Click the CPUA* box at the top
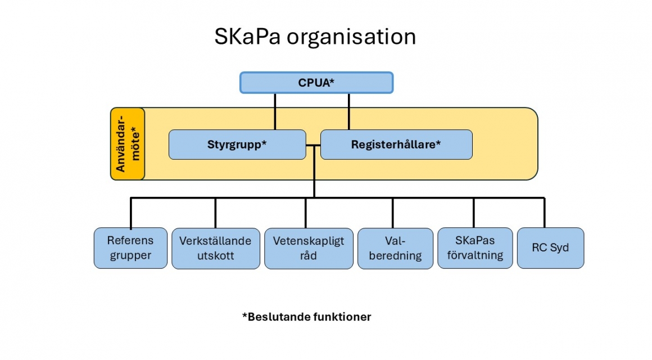[316, 83]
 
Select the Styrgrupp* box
[237, 145]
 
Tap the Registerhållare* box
[396, 145]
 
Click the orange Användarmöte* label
[128, 144]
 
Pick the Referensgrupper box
[130, 248]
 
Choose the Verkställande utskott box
[215, 248]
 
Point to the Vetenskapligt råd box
[309, 248]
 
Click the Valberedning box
[396, 248]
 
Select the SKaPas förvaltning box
[475, 248]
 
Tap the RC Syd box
[550, 248]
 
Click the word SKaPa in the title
[248, 37]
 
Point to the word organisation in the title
[351, 37]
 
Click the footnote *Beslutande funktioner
[307, 317]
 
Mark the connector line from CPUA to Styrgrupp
[275, 111]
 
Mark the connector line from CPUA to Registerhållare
[349, 111]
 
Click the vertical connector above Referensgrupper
[131, 213]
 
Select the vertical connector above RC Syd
[544, 213]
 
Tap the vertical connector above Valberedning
[392, 213]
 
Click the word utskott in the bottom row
[215, 255]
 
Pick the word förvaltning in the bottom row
[475, 255]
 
